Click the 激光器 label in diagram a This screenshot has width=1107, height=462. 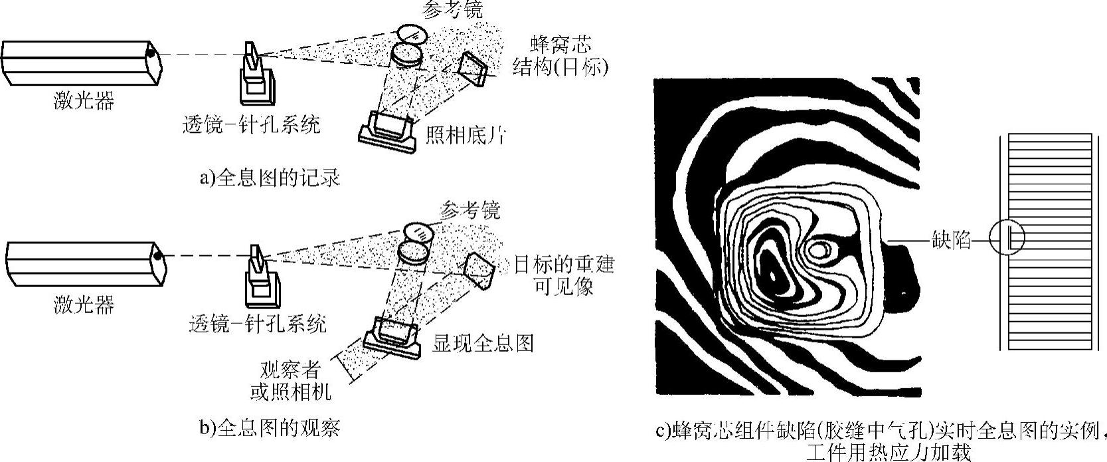pos(84,101)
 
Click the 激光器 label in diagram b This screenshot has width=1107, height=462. pos(84,304)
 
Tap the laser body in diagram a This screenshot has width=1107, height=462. pos(80,62)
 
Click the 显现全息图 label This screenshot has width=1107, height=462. pos(483,342)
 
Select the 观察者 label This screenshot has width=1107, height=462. pos(290,370)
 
